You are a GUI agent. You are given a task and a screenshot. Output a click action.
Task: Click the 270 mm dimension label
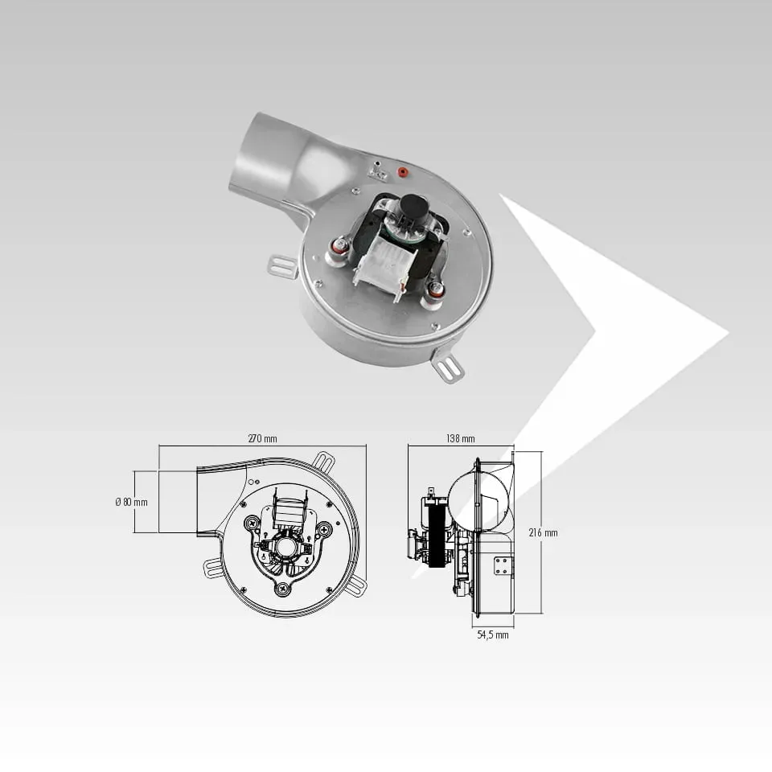click(262, 438)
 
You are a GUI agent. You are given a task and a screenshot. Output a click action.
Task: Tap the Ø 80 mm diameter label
click(131, 502)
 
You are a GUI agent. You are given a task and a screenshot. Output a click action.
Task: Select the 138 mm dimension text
click(461, 438)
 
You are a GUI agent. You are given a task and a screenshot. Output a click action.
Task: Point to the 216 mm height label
click(543, 532)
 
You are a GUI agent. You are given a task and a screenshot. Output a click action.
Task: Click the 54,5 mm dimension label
click(493, 634)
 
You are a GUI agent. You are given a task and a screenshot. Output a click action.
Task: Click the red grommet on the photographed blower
click(403, 172)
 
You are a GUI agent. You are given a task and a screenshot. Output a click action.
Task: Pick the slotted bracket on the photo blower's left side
click(283, 266)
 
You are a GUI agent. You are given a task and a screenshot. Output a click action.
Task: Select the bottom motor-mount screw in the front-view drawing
click(282, 587)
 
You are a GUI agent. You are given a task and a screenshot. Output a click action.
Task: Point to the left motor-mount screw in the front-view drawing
click(252, 523)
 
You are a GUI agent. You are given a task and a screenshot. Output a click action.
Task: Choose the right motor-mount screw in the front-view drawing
click(324, 530)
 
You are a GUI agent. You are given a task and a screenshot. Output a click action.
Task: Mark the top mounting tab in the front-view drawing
click(323, 462)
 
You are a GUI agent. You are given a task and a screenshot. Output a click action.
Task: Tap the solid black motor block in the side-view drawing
click(436, 536)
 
